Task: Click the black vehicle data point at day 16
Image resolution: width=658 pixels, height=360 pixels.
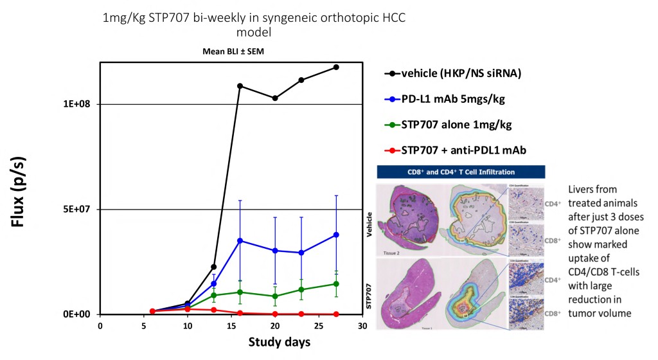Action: pyautogui.click(x=240, y=85)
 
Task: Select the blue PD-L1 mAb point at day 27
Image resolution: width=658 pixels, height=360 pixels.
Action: pyautogui.click(x=336, y=235)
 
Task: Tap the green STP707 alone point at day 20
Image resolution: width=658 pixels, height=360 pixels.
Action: pyautogui.click(x=275, y=296)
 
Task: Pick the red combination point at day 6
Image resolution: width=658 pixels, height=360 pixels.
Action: pyautogui.click(x=152, y=311)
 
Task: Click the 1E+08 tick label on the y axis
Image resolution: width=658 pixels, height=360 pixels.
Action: pyautogui.click(x=78, y=104)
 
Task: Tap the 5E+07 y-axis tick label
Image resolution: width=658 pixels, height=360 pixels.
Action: pyautogui.click(x=78, y=210)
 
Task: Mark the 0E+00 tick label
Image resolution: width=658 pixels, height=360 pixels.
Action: pyautogui.click(x=78, y=314)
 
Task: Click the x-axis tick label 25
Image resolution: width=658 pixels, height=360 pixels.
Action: pyautogui.click(x=319, y=327)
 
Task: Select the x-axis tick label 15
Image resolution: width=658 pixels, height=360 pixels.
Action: pyautogui.click(x=231, y=327)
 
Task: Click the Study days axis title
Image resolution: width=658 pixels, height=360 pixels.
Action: pyautogui.click(x=280, y=341)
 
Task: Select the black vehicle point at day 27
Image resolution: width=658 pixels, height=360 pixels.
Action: pyautogui.click(x=336, y=67)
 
